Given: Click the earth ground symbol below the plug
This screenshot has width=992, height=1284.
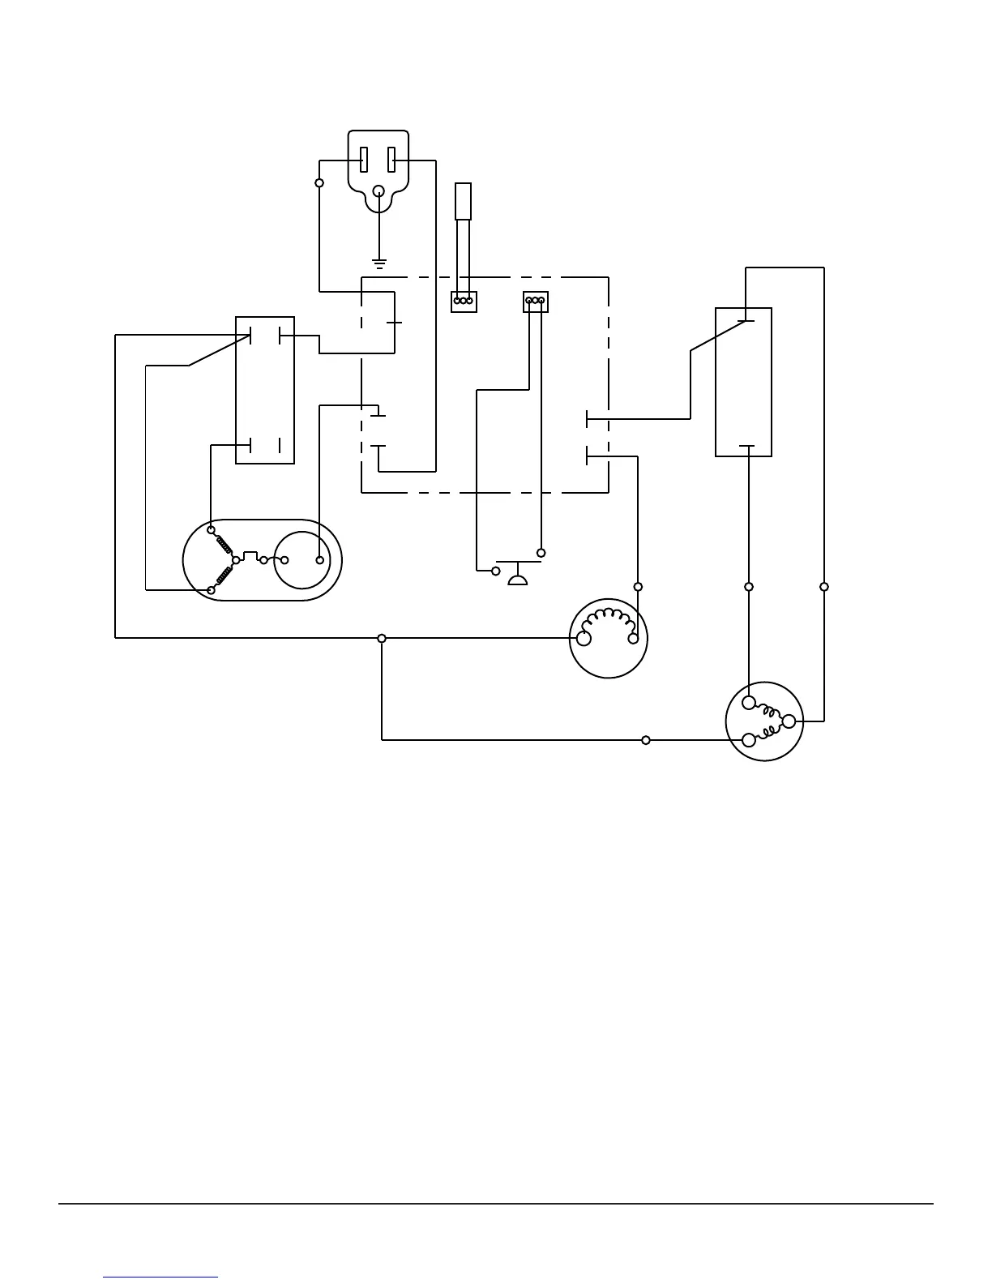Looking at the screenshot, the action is click(x=378, y=263).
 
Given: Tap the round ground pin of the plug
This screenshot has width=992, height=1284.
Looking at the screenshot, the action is click(x=378, y=192).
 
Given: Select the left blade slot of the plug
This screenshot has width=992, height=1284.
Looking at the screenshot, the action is click(x=365, y=160).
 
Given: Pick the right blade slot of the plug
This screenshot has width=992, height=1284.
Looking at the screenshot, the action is click(x=391, y=160).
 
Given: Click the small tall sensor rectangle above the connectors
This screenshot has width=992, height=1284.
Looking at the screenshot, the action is click(x=463, y=202).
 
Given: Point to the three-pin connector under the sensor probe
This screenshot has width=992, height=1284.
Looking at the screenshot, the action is click(x=464, y=302).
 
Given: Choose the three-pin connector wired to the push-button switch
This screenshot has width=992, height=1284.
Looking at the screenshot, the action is click(x=536, y=302).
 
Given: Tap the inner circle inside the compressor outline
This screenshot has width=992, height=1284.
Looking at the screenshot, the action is click(x=302, y=560).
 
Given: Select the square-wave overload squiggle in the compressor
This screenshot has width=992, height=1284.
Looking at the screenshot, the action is click(x=251, y=558).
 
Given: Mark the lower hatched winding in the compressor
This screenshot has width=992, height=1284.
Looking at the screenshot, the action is click(x=223, y=576).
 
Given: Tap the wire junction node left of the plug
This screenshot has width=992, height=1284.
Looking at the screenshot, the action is click(x=319, y=183).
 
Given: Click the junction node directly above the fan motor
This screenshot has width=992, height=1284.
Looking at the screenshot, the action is click(x=638, y=586).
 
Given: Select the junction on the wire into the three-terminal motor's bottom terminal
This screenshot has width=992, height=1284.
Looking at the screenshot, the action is click(x=646, y=740).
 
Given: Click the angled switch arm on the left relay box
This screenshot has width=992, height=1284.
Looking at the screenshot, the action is click(x=218, y=351).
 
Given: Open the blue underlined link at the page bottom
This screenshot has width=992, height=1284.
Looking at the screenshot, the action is click(x=160, y=1277).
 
